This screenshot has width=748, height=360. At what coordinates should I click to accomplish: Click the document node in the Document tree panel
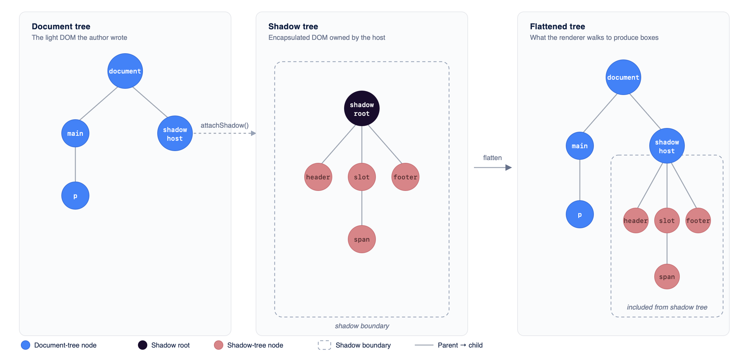pos(125,71)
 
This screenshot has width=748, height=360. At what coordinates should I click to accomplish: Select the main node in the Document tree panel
pos(75,133)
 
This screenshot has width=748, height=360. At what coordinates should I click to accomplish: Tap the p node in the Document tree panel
pos(75,196)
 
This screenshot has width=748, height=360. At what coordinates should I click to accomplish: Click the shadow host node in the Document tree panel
pos(175,133)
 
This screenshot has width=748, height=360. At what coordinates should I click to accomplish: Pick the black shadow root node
pos(362,108)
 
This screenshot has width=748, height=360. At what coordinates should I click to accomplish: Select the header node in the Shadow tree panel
pos(318,177)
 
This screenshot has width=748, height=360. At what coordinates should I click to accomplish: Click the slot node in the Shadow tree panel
pos(362,177)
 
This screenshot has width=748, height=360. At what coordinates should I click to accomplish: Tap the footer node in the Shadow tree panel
pos(405,177)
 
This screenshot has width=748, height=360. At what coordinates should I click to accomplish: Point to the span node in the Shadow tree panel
pos(362,239)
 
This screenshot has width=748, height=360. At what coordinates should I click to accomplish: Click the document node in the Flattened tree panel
pos(623,77)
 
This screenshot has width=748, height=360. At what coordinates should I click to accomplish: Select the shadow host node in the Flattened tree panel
pos(667,146)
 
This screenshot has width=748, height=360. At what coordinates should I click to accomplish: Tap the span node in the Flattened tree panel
pos(667,277)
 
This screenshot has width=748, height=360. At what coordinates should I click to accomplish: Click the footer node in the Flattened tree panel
pos(698,220)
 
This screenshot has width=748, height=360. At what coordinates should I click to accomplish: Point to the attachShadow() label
pos(224,125)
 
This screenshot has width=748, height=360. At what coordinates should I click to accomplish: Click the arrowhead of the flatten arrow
pos(509,168)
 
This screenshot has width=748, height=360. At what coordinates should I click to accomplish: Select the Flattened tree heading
pos(557,26)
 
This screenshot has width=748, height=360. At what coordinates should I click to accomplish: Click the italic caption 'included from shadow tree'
pos(667,307)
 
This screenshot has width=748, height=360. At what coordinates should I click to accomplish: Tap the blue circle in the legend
pos(26,345)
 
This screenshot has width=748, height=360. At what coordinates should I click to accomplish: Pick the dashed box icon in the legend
pos(324,345)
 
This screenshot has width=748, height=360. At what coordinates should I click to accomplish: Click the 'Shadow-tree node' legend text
pos(255,345)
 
